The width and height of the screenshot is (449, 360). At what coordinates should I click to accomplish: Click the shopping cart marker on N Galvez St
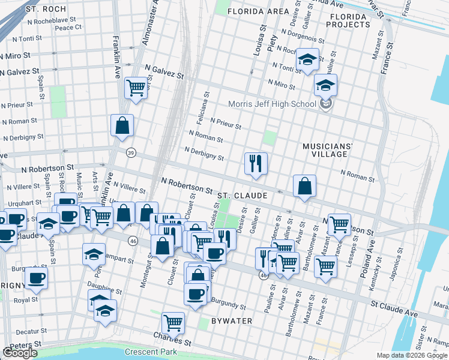tap(136, 88)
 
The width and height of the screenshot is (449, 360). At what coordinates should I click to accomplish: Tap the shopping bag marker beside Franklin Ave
tap(122, 126)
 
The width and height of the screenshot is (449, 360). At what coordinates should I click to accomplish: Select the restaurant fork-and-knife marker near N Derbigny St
tap(256, 163)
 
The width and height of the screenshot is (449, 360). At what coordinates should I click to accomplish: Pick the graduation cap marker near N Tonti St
tap(307, 59)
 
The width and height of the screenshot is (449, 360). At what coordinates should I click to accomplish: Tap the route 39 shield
tap(131, 153)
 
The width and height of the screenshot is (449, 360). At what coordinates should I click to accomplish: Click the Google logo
tap(20, 353)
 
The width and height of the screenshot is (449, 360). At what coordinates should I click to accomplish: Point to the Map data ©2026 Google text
tap(411, 355)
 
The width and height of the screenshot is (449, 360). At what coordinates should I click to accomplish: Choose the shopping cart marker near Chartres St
tap(173, 323)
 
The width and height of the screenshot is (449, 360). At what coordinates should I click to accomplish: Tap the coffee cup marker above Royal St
tap(36, 278)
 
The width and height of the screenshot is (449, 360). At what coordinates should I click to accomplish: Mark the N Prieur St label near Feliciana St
tap(225, 124)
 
